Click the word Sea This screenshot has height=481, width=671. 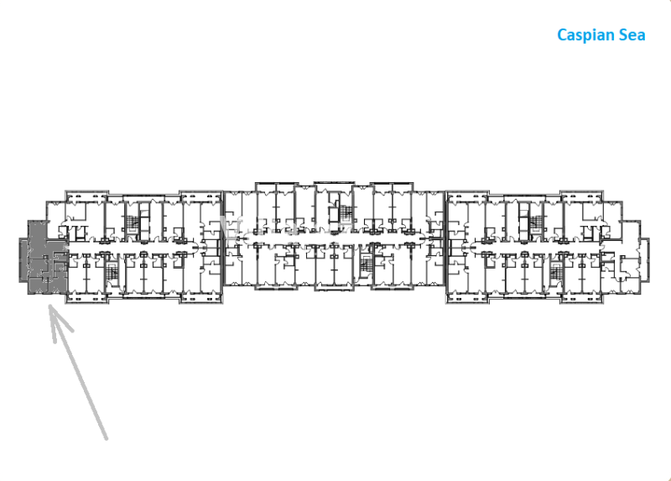[632, 35]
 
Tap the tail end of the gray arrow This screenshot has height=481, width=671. [107, 438]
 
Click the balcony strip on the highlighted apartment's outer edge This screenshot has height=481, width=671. [23, 260]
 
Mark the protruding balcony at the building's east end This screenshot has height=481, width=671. [645, 260]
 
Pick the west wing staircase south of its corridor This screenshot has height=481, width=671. [112, 271]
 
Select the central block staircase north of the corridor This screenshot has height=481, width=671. [347, 212]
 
